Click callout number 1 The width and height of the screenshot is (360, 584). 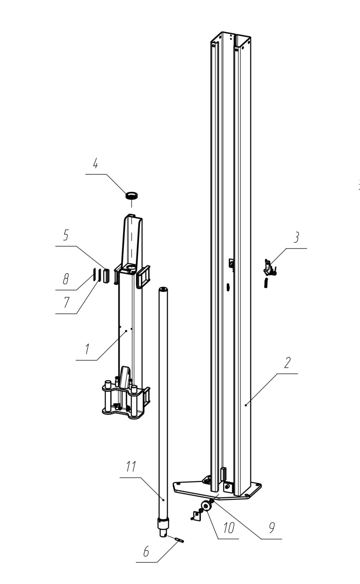(x=86, y=349)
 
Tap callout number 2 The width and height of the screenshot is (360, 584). (x=287, y=362)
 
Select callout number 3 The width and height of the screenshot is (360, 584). (x=297, y=237)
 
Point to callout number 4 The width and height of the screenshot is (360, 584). (x=95, y=164)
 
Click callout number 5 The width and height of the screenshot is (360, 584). (x=66, y=235)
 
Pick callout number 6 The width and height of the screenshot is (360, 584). (x=146, y=552)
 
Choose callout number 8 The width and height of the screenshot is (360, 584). (x=65, y=279)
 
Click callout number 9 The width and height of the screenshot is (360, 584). (x=272, y=527)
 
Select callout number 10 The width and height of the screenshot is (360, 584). (x=229, y=528)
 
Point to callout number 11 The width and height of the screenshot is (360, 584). (x=130, y=467)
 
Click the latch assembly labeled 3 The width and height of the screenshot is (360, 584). (x=269, y=268)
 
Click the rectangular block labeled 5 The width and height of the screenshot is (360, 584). (x=106, y=275)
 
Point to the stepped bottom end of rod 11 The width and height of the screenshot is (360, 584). (x=163, y=527)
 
